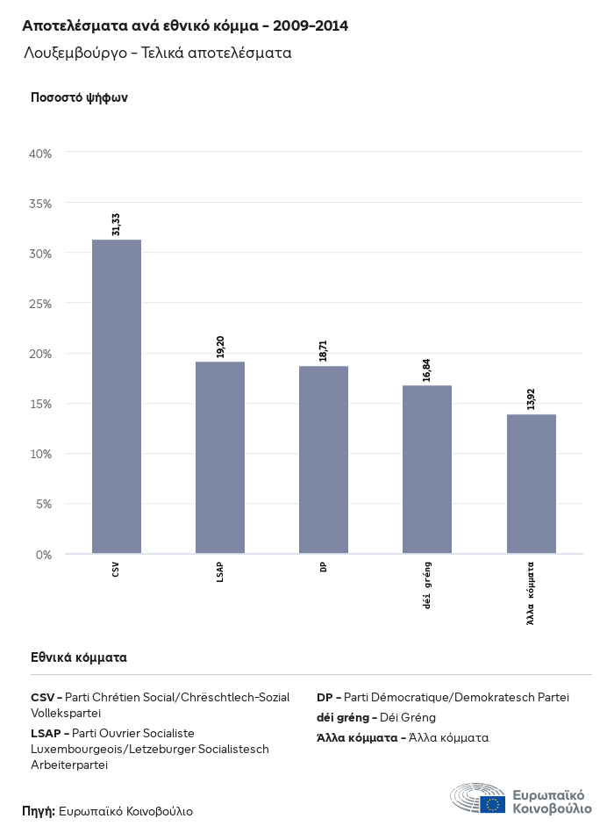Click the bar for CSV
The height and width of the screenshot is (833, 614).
click(117, 396)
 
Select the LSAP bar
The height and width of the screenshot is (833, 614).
click(220, 457)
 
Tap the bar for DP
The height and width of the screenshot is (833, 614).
click(324, 460)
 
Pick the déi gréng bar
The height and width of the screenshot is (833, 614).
click(427, 470)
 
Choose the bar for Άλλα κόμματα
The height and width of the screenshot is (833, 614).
click(531, 484)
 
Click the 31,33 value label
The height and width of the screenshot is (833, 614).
click(116, 224)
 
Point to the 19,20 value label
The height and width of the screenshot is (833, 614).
click(220, 346)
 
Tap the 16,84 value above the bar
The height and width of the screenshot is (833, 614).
click(427, 370)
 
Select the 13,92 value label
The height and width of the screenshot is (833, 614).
click(531, 399)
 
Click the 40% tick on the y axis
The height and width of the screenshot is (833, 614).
click(41, 154)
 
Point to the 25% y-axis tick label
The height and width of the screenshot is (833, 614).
click(41, 304)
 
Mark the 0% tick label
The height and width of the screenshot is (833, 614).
click(44, 555)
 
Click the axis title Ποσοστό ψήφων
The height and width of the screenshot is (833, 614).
click(79, 97)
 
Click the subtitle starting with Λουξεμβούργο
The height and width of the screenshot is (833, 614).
click(158, 53)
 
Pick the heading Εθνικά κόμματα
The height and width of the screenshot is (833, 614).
click(79, 657)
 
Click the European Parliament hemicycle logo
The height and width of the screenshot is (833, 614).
click(478, 797)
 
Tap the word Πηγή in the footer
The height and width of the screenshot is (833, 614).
click(38, 811)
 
